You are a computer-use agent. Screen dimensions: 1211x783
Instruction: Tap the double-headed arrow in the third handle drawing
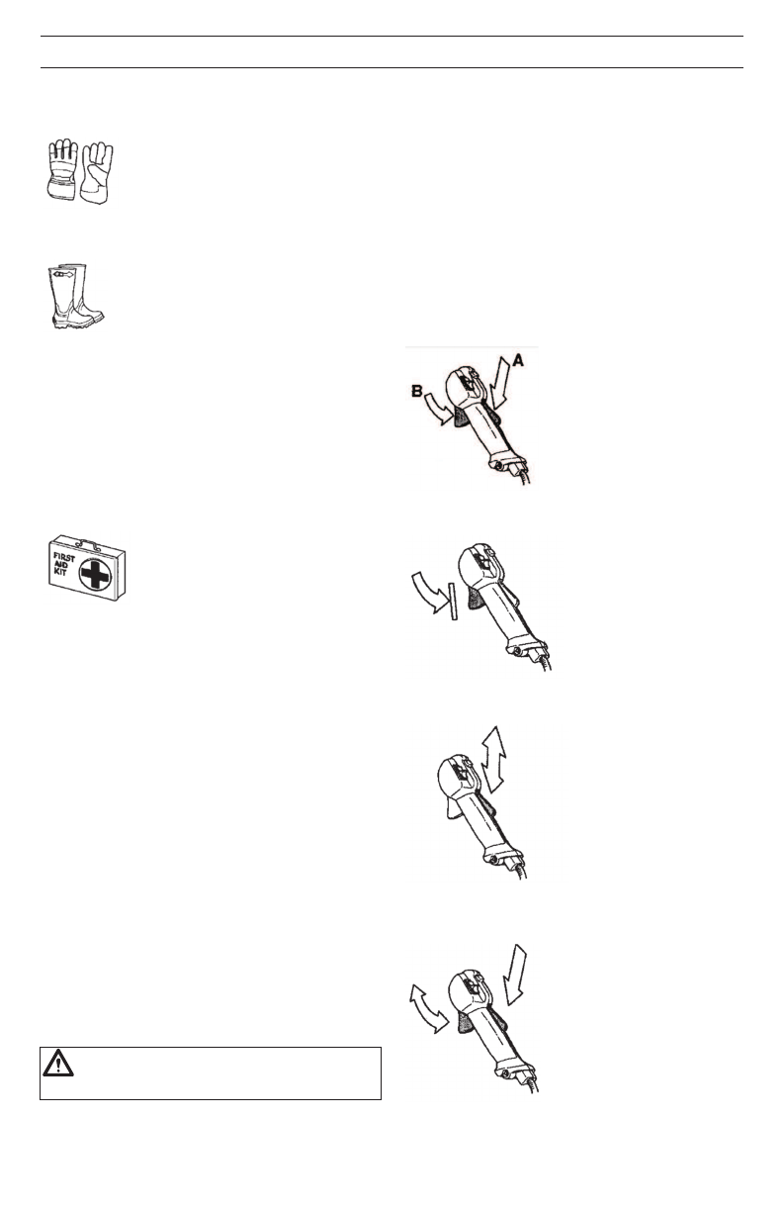pos(493,756)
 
